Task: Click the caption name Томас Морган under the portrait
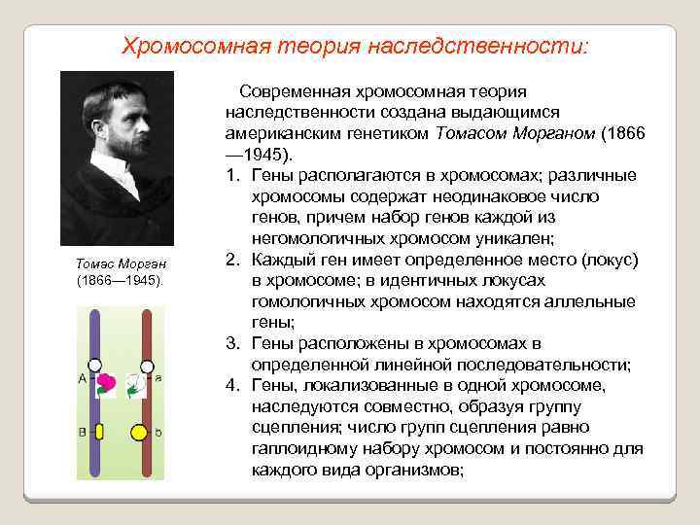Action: tap(122, 264)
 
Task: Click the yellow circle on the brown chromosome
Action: tap(140, 431)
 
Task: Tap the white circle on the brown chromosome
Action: tap(146, 367)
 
